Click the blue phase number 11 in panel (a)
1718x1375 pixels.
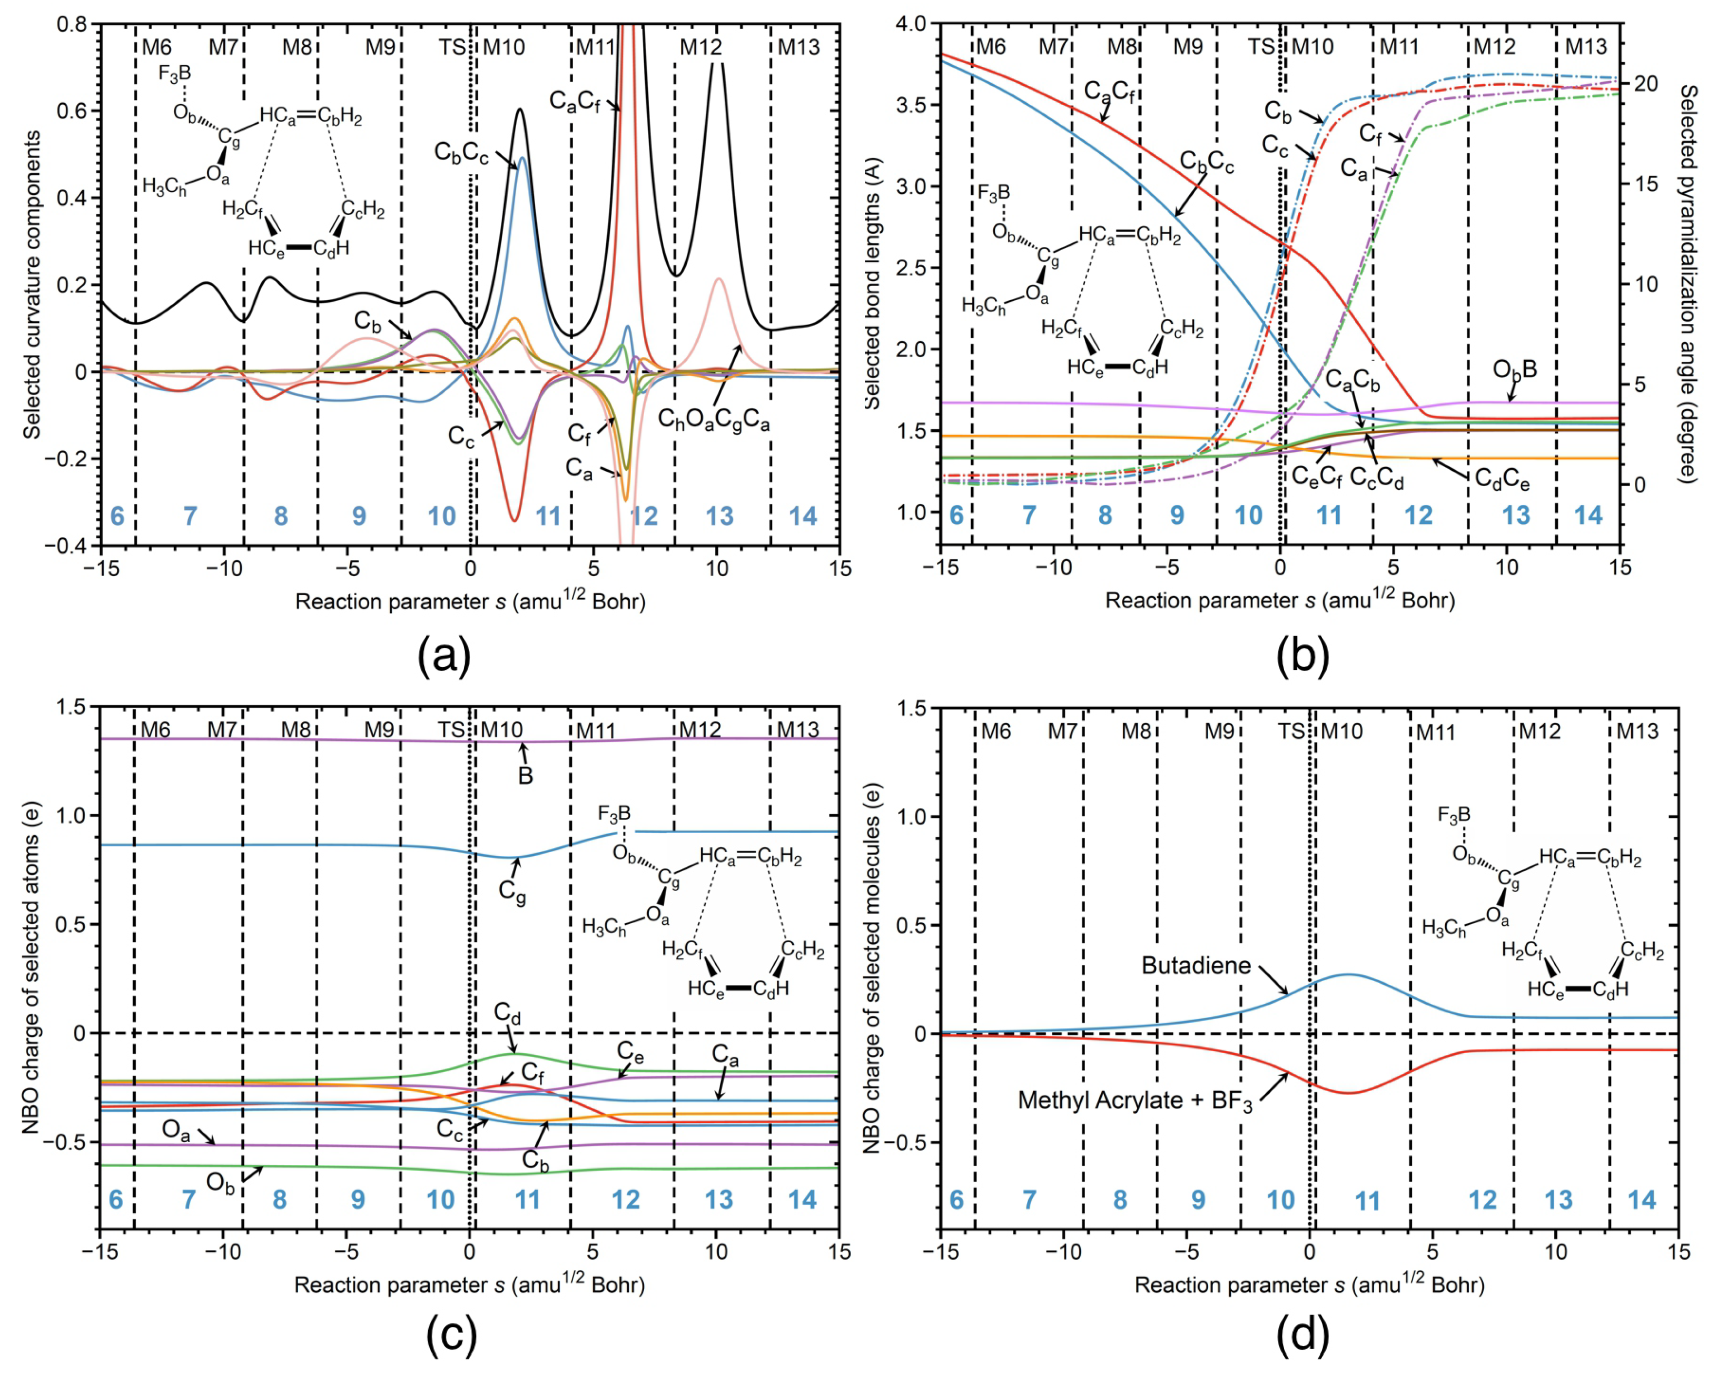click(548, 516)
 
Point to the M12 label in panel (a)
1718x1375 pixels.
click(700, 47)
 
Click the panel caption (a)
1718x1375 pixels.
click(444, 657)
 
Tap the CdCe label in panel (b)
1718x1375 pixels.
click(1502, 480)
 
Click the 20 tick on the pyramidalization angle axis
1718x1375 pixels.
click(1644, 84)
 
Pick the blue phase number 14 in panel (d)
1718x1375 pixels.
click(1642, 1200)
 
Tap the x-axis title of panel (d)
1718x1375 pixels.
click(1309, 1284)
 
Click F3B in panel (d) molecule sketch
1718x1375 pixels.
click(1454, 815)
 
